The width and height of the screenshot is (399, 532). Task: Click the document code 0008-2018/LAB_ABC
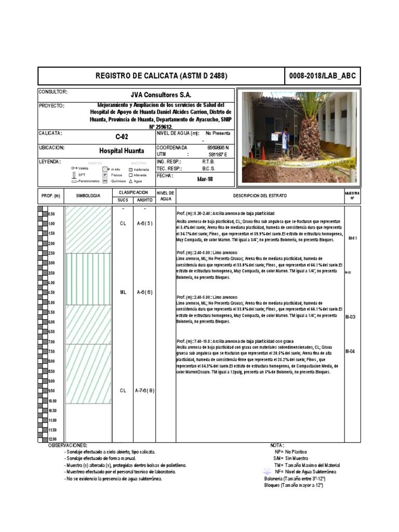[x=323, y=76]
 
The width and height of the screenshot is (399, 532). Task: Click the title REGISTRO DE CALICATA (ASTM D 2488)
[x=161, y=76]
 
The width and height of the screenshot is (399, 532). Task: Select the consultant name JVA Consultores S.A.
[x=161, y=95]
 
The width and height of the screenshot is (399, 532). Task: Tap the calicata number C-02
[x=121, y=137]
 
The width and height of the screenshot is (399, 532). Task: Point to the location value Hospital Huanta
[x=122, y=151]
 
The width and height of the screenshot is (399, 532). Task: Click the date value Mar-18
[x=205, y=179]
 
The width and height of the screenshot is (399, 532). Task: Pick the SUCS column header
[x=123, y=199]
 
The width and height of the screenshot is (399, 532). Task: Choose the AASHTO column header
[x=144, y=199]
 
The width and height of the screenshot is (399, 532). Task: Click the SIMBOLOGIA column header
[x=88, y=196]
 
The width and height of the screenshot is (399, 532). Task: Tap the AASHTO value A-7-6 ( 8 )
[x=144, y=390]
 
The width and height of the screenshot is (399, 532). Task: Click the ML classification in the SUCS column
[x=123, y=292]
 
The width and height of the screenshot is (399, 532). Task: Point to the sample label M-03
[x=351, y=316]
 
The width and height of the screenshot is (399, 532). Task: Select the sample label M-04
[x=351, y=352]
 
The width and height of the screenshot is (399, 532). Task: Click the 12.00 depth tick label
[x=52, y=440]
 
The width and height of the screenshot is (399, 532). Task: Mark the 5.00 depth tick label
[x=52, y=302]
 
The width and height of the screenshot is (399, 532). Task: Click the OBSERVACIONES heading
[x=68, y=445]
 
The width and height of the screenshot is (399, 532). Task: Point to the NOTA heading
[x=277, y=445]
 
